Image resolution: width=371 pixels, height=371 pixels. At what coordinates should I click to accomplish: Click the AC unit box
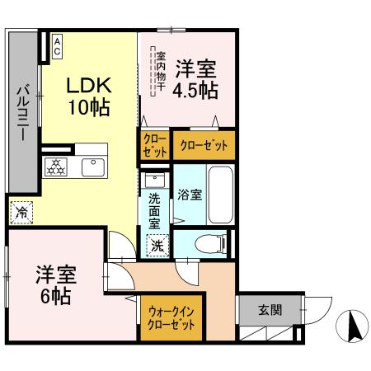pos(58,45)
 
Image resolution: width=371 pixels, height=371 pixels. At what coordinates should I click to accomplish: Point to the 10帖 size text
pos(89,107)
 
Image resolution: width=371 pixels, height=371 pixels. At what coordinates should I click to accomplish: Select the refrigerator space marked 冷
pos(22,211)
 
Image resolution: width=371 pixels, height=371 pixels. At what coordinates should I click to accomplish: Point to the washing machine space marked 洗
pos(156,244)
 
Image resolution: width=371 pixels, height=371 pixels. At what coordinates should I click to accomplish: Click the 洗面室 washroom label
pos(154,210)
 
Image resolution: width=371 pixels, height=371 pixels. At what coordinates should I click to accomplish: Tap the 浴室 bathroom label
pos(190,195)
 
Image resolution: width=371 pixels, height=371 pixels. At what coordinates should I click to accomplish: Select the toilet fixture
pos(211,242)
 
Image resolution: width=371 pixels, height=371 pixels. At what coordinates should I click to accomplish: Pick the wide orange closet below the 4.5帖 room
pos(203,144)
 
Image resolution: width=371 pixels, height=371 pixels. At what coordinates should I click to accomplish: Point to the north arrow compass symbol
pos(353,327)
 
